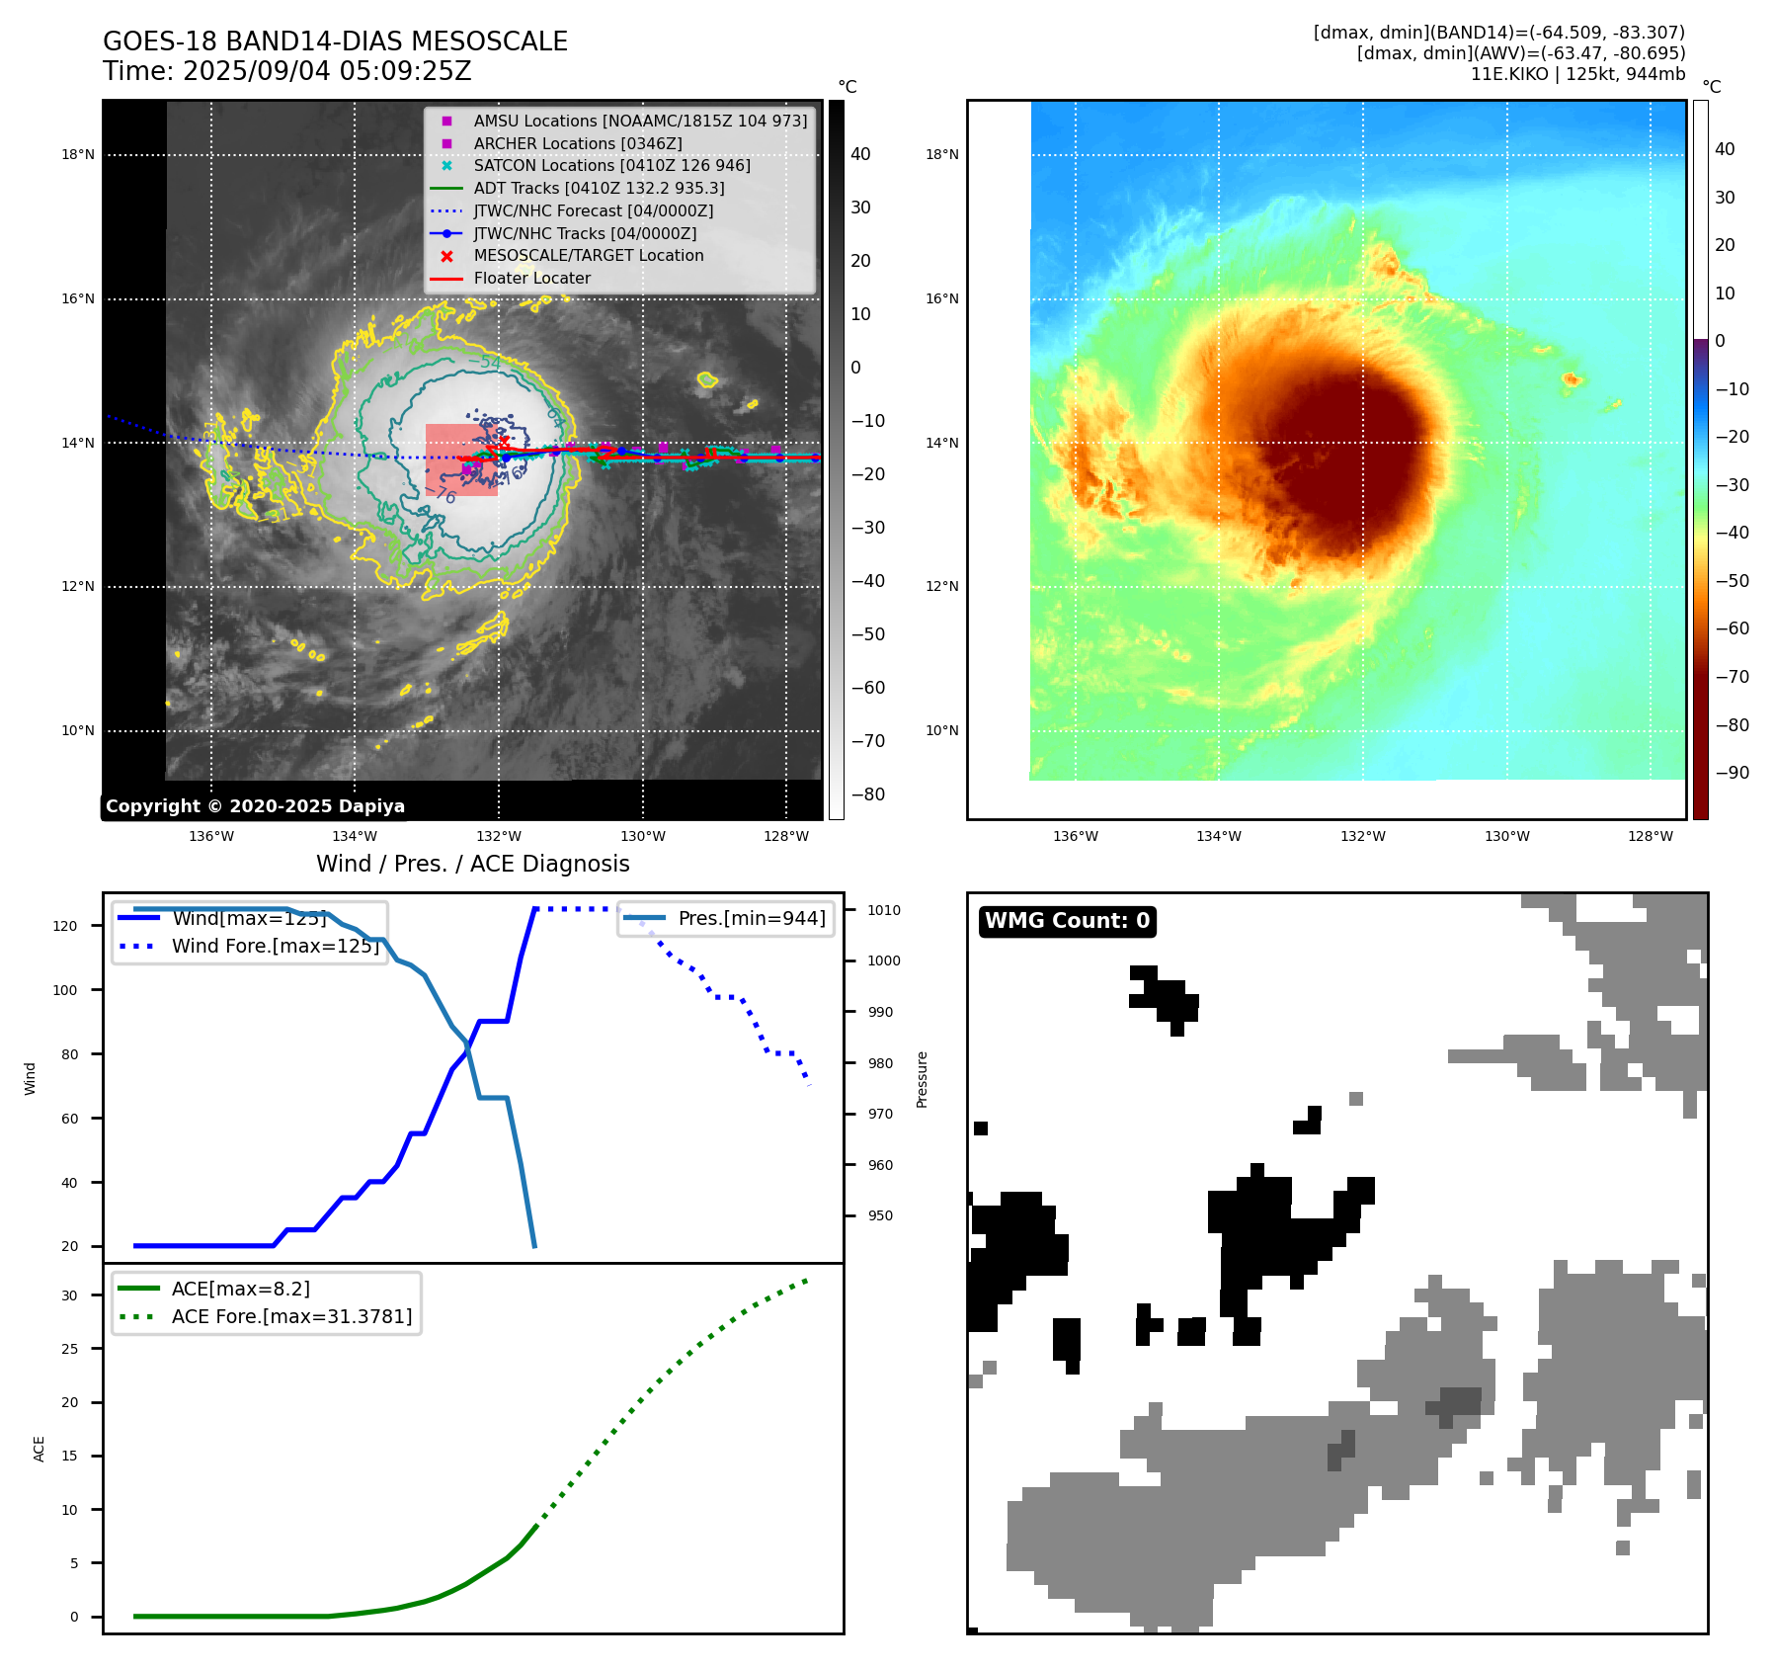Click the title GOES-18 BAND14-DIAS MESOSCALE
pos(335,42)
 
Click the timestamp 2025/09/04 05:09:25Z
pos(327,72)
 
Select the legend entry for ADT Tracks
pos(599,188)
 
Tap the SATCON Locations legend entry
pos(611,165)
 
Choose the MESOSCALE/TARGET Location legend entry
pos(589,255)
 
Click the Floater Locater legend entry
pos(531,278)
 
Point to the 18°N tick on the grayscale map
pos(78,154)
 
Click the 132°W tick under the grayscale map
pos(499,836)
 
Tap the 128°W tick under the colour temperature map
pos(1651,836)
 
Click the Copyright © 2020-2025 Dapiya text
pos(255,806)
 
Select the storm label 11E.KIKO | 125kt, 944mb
pos(1577,74)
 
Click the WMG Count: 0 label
pos(1067,921)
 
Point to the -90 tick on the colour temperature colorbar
pos(1732,773)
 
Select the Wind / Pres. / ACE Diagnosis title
pos(472,864)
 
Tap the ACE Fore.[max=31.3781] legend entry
pos(291,1316)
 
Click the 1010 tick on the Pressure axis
pos(884,910)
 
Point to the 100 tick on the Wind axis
pos(65,990)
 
